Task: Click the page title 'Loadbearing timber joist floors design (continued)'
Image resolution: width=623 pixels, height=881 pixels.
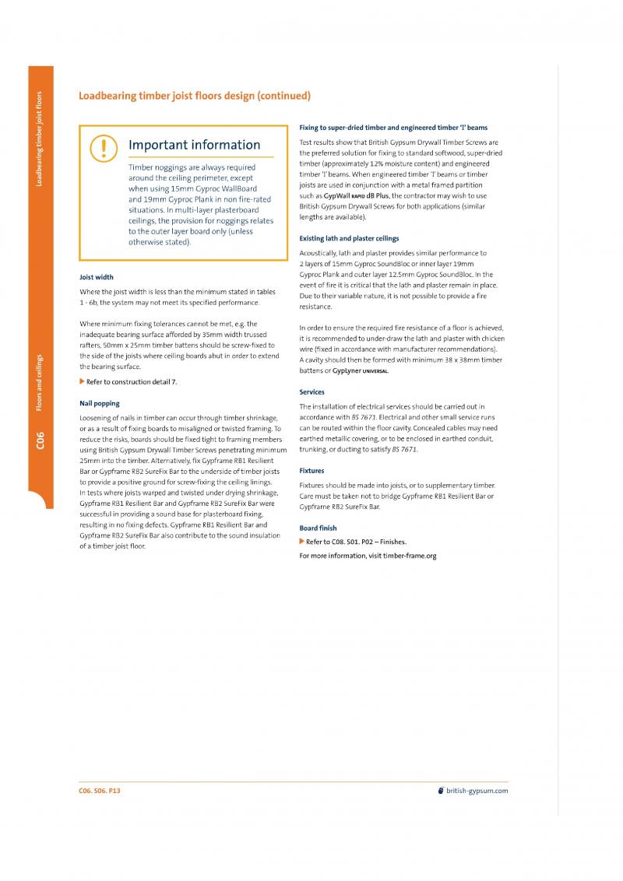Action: pyautogui.click(x=195, y=96)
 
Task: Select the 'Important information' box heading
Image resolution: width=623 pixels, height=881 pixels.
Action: pyautogui.click(x=194, y=145)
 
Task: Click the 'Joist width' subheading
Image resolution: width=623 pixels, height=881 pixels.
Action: pyautogui.click(x=97, y=277)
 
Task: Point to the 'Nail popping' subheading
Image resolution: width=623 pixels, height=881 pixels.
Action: pyautogui.click(x=99, y=403)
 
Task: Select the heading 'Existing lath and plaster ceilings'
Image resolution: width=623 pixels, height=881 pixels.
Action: pyautogui.click(x=349, y=238)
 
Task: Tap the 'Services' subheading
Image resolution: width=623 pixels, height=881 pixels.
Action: pyautogui.click(x=312, y=391)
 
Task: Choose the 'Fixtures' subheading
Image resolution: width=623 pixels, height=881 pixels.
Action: pyautogui.click(x=312, y=471)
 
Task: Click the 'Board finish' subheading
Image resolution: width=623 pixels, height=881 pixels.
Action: pyautogui.click(x=319, y=528)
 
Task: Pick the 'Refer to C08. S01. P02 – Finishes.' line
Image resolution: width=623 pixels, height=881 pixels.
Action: pyautogui.click(x=356, y=541)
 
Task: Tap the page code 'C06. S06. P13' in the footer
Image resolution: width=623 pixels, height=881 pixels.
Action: pyautogui.click(x=100, y=791)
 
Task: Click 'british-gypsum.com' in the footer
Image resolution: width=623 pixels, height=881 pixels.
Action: pyautogui.click(x=477, y=791)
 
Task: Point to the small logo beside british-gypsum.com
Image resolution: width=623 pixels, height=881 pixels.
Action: pyautogui.click(x=442, y=791)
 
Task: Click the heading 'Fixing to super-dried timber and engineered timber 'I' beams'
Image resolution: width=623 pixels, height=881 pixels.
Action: pyautogui.click(x=394, y=127)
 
